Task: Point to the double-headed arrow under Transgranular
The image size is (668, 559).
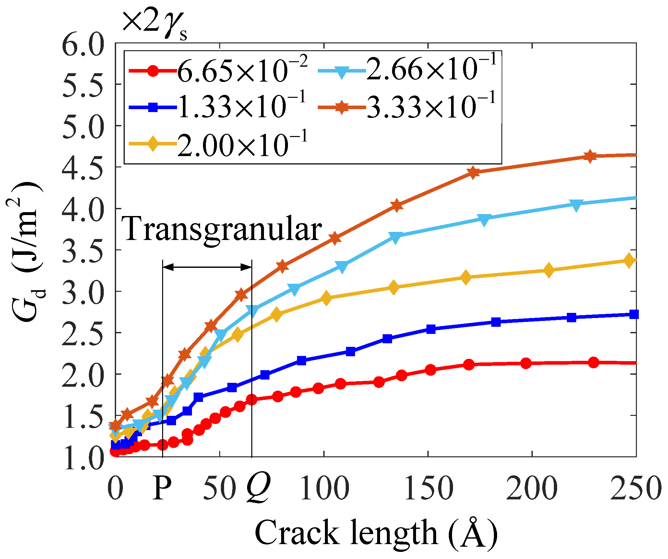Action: coord(207,267)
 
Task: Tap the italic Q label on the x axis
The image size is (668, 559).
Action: coord(258,489)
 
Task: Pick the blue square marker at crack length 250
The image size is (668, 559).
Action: coord(634,314)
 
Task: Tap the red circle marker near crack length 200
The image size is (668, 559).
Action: coord(526,363)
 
